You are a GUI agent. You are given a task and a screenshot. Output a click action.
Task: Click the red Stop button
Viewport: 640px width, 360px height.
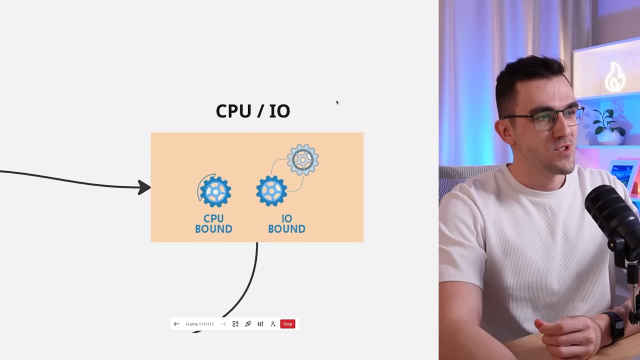(x=287, y=324)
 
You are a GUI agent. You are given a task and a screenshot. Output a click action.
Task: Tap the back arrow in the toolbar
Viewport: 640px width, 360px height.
(x=176, y=324)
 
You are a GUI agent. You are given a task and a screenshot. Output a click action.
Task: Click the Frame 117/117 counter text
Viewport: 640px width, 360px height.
(x=199, y=324)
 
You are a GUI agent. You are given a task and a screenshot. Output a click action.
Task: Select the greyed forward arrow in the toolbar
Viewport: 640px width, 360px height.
(x=223, y=324)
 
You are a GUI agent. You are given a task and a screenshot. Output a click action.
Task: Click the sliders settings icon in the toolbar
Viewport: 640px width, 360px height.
(x=260, y=324)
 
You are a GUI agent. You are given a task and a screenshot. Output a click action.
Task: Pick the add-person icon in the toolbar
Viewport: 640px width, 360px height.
(x=273, y=324)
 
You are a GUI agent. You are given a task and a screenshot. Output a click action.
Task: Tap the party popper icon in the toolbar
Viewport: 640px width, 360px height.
(x=248, y=324)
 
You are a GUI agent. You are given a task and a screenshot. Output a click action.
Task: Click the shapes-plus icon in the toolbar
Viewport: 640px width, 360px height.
(x=235, y=324)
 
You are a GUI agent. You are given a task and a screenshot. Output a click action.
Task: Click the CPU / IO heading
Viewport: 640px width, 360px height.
(x=253, y=111)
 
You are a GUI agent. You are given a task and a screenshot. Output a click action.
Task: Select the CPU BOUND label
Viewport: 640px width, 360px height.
(x=213, y=223)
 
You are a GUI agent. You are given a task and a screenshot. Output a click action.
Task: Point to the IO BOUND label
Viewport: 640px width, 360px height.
(x=286, y=223)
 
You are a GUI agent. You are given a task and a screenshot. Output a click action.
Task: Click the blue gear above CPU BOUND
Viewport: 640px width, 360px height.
(x=215, y=191)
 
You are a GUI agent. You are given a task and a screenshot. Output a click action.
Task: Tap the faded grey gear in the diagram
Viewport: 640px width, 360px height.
(x=302, y=159)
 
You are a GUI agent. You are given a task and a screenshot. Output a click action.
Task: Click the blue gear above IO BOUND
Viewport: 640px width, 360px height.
(x=271, y=191)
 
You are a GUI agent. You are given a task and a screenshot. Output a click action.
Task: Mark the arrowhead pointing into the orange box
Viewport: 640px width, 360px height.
(x=144, y=187)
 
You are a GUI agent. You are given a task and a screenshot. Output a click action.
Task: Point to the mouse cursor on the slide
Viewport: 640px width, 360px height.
(x=337, y=102)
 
